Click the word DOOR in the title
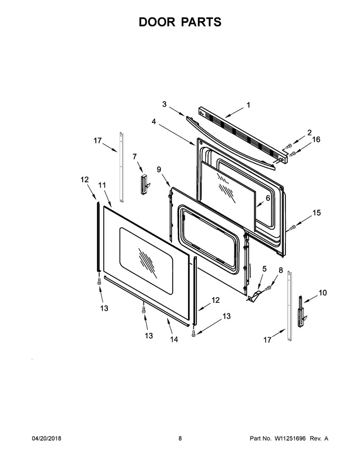156,22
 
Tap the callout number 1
248,105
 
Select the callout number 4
154,122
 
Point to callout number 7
134,156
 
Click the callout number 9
159,169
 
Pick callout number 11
102,185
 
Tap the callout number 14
174,339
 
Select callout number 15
317,212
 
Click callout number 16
317,139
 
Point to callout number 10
322,293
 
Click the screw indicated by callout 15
292,228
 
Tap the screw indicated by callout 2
289,146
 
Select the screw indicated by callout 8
268,288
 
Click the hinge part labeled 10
301,312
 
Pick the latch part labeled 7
145,184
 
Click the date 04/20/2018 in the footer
47,438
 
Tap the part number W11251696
290,438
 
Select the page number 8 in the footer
180,438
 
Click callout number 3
164,104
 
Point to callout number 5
264,269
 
